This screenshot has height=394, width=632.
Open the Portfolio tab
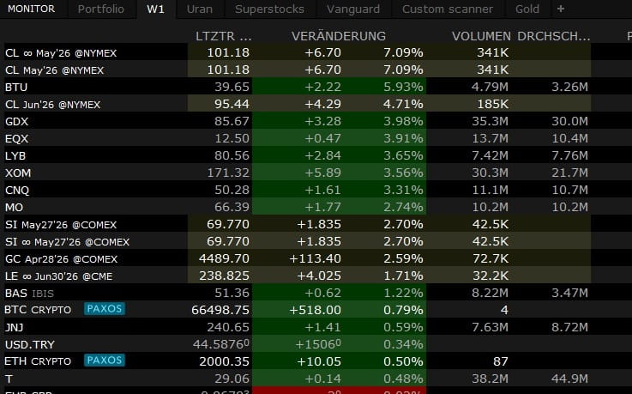(100, 9)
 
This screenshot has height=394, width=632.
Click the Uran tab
(200, 9)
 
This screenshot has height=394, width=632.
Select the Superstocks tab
(269, 9)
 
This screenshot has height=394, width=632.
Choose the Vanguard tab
(352, 9)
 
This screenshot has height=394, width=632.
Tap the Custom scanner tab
(448, 9)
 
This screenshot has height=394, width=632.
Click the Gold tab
(527, 9)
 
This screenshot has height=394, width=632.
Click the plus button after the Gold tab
(561, 9)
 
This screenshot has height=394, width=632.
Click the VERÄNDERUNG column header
(338, 37)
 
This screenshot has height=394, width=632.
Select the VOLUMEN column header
(480, 37)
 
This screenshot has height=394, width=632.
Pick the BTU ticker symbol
(15, 87)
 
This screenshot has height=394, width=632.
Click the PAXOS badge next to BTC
(104, 309)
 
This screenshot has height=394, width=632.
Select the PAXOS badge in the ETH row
(104, 361)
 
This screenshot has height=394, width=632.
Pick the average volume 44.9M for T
(569, 379)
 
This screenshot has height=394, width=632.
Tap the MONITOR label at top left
(31, 9)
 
